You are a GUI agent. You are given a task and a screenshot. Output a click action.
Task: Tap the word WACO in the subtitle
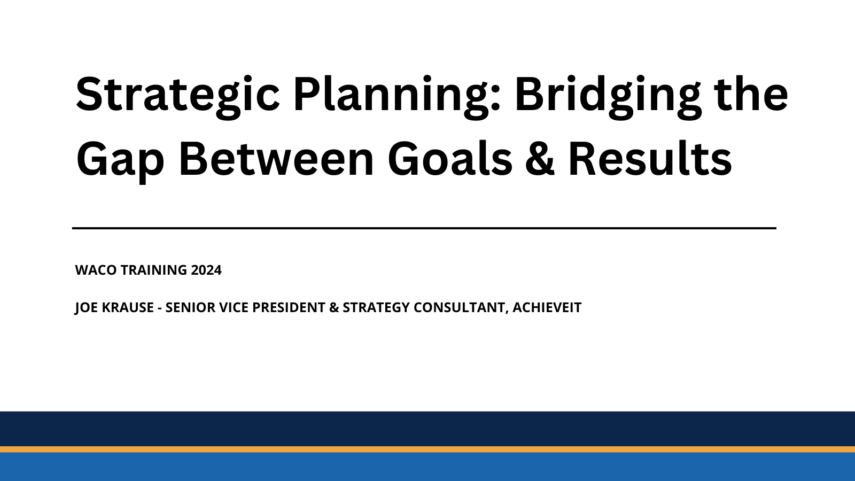pos(96,270)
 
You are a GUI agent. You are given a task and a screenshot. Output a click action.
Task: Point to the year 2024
pos(206,270)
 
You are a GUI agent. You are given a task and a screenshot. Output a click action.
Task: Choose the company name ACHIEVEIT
pos(547,308)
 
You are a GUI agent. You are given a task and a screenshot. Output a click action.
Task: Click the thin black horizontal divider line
pos(424,228)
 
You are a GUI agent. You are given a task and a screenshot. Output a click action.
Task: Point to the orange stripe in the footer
pos(428,449)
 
